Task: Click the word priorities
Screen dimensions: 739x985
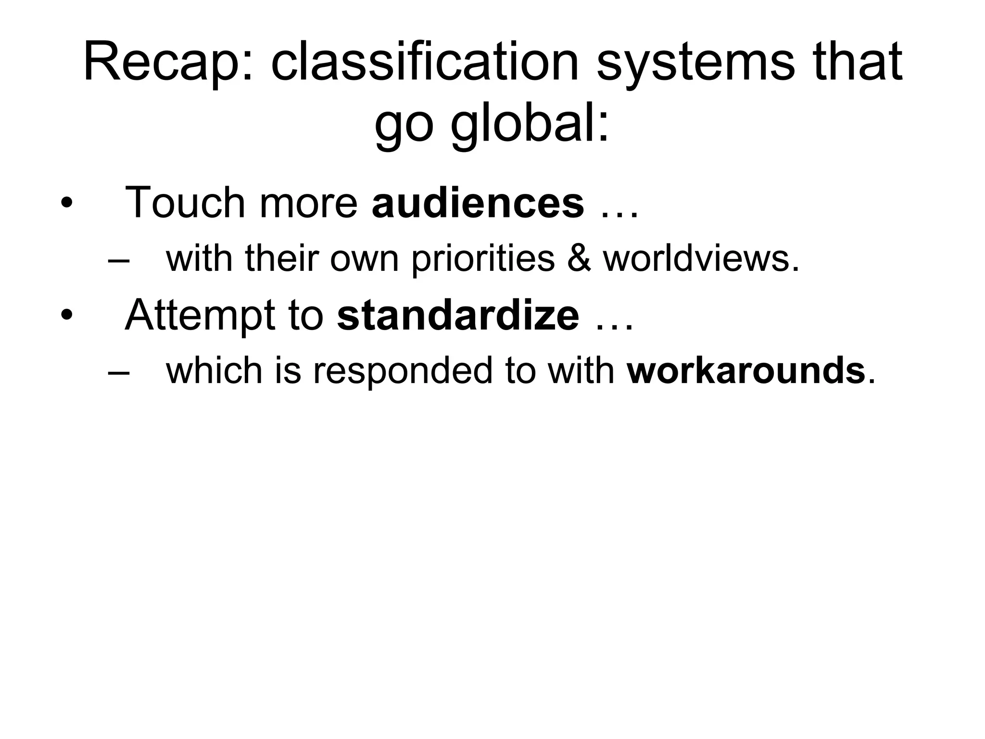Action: (483, 259)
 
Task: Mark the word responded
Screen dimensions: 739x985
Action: (403, 371)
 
